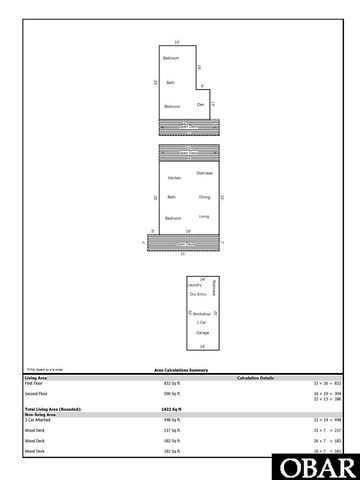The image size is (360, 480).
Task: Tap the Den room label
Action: [200, 105]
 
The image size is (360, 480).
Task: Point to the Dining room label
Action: [204, 196]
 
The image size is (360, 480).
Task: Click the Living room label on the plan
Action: [204, 216]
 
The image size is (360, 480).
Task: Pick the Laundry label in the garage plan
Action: [181, 285]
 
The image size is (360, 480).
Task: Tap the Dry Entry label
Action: [199, 295]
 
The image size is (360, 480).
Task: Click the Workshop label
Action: [202, 313]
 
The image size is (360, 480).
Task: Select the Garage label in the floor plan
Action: [202, 331]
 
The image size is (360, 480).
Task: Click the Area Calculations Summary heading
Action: [180, 370]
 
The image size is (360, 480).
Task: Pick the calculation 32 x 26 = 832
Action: [328, 383]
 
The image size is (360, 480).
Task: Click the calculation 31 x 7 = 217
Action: [328, 431]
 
